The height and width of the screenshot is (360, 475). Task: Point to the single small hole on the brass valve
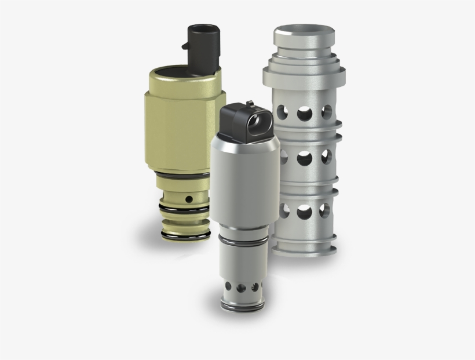point(188,199)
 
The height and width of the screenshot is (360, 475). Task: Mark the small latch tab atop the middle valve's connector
point(249,104)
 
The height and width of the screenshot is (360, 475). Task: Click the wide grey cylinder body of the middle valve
point(243,186)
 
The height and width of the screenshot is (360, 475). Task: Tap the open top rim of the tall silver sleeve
point(304,30)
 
